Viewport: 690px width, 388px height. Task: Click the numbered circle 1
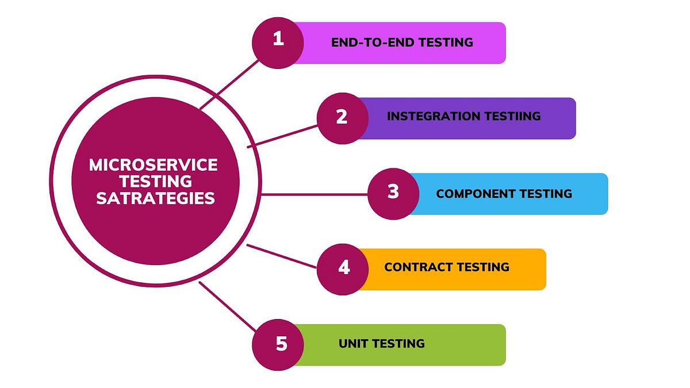click(278, 42)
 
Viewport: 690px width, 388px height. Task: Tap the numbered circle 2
click(342, 118)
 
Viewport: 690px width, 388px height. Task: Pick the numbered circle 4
click(343, 268)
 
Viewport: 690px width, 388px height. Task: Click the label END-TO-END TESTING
click(402, 42)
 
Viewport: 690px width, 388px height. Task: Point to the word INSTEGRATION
click(431, 116)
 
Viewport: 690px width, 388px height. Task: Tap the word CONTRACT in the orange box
click(417, 267)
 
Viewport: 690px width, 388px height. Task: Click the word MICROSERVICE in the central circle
click(154, 166)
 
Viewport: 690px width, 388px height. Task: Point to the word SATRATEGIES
click(155, 199)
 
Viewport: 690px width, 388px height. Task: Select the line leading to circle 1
click(230, 84)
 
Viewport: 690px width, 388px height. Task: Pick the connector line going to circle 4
click(282, 256)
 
